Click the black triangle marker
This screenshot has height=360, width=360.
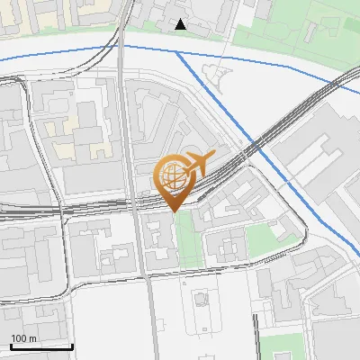[181, 24]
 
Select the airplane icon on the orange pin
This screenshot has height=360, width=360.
[196, 164]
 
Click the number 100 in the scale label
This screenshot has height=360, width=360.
[18, 338]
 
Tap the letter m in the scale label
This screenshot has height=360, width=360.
[32, 338]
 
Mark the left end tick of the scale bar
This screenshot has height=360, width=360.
[11, 346]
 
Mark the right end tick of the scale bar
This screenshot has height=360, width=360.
[73, 346]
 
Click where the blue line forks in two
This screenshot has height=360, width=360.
[175, 52]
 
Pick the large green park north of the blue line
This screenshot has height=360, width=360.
[297, 27]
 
